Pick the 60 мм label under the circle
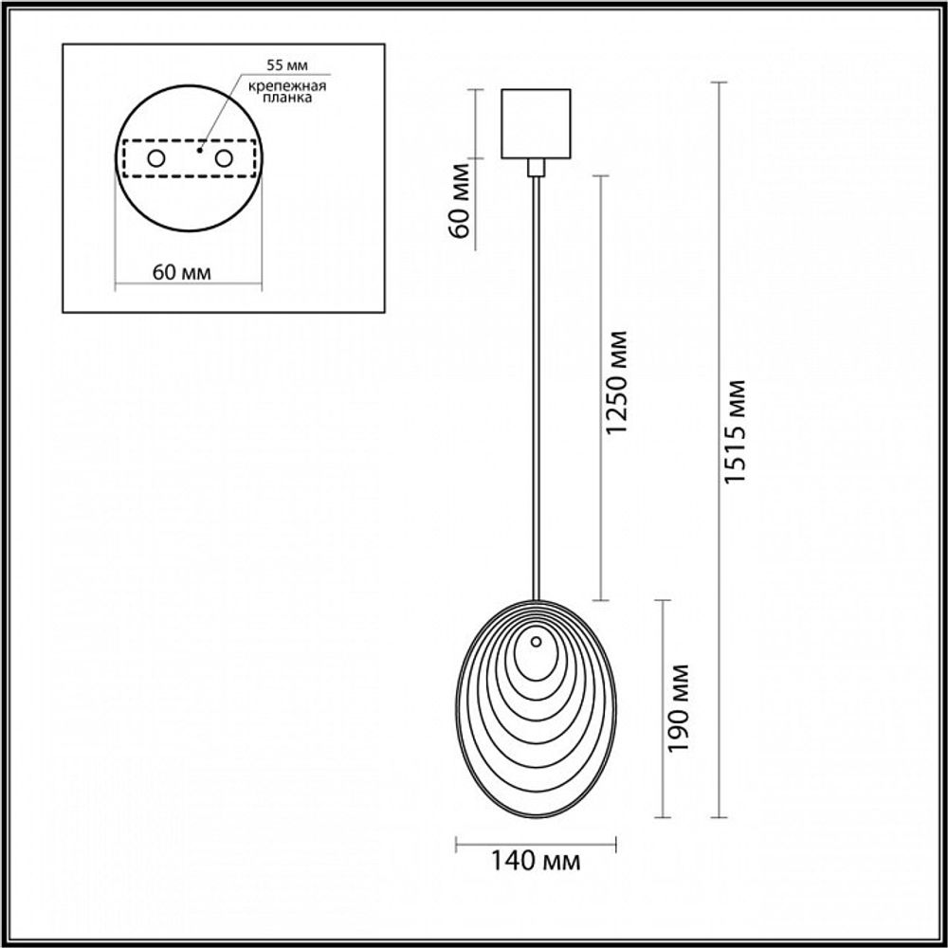181,273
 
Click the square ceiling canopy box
536,123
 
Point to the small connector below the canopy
537,168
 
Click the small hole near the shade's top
537,642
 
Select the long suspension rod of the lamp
538,379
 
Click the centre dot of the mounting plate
199,149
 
